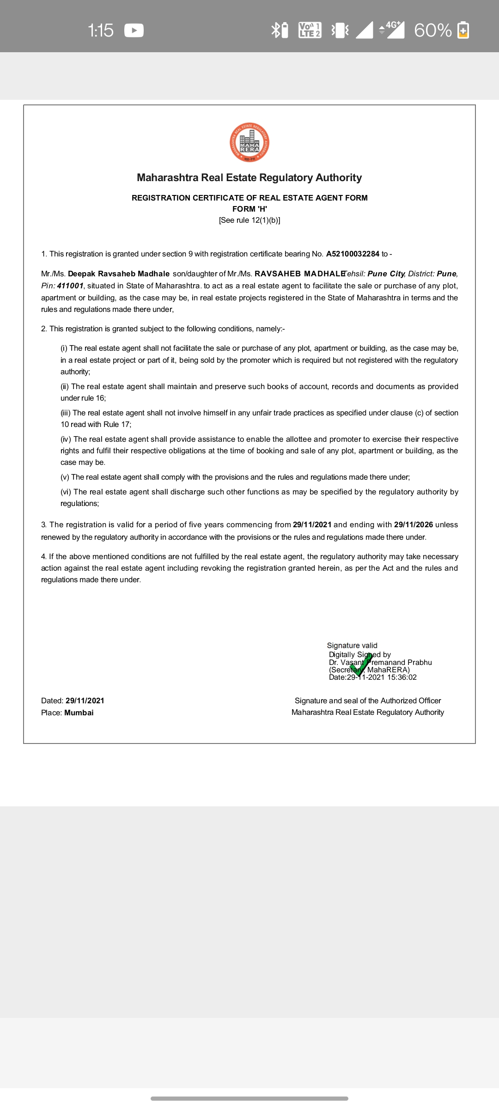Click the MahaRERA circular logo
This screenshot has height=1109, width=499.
point(249,143)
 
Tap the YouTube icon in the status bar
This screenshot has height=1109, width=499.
point(134,30)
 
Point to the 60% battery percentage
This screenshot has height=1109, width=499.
point(432,30)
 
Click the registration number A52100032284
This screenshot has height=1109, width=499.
point(353,254)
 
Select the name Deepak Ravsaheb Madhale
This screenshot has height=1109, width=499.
point(119,274)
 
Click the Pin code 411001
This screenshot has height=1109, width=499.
point(70,286)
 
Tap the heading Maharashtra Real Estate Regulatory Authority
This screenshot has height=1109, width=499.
point(249,178)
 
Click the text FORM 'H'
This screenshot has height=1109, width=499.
point(249,209)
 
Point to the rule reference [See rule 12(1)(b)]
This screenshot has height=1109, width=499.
point(249,220)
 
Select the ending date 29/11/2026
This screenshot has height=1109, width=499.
point(414,525)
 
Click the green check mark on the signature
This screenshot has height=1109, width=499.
point(361,665)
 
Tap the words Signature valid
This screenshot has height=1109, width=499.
point(352,646)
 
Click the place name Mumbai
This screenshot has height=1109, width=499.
point(79,713)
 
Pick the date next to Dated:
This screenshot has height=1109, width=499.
point(85,701)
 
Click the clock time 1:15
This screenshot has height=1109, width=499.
point(100,30)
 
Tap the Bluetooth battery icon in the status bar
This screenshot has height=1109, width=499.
point(280,30)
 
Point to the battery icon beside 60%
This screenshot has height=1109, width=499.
point(463,30)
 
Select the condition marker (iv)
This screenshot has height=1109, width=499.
point(66,439)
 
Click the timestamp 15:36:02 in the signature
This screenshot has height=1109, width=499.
point(402,677)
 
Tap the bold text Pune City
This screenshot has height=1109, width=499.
point(386,274)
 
